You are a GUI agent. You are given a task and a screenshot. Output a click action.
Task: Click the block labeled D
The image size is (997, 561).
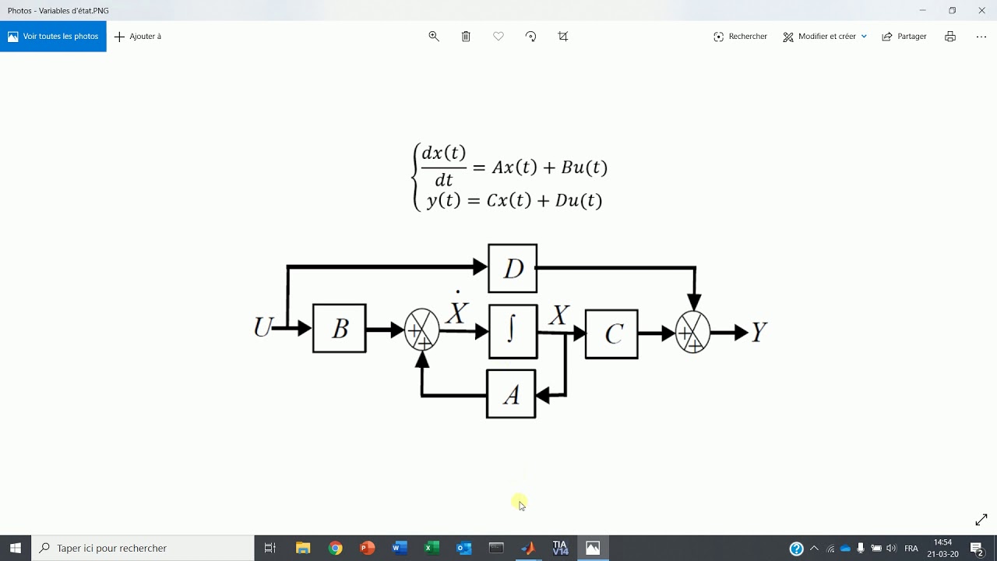(513, 268)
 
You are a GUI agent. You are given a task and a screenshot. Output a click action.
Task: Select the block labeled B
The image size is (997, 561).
(340, 328)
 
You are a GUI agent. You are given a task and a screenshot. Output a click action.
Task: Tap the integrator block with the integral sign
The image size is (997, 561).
(513, 331)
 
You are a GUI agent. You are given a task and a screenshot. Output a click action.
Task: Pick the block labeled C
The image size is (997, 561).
(611, 333)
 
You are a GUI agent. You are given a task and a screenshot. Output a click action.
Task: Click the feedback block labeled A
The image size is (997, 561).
(511, 394)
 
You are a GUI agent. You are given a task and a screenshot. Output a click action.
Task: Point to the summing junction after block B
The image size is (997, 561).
(422, 330)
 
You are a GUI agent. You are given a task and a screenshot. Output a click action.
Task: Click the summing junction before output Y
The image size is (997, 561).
(692, 333)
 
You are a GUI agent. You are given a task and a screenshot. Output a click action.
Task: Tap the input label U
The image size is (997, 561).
(262, 327)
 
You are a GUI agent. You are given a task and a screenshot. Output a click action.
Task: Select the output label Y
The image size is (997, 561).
(759, 333)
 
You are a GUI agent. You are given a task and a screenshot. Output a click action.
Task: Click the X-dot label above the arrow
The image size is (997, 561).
(456, 310)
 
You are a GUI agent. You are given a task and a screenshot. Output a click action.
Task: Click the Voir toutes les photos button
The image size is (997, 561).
(53, 37)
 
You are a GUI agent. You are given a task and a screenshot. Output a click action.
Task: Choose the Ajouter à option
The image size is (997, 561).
(138, 37)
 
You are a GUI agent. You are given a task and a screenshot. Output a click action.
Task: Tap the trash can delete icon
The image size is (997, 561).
(466, 37)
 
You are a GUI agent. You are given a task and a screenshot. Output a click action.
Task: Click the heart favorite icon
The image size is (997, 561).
(498, 37)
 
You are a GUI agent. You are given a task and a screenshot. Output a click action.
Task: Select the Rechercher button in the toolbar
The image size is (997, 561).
(740, 37)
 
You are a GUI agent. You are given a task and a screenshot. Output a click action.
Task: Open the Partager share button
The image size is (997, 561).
(904, 37)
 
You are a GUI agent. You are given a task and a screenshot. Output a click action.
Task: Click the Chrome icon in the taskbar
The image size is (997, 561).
(336, 549)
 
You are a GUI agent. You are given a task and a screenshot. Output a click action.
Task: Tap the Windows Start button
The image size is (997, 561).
(16, 549)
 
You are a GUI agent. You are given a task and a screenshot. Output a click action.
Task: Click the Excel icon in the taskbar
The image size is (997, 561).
(432, 549)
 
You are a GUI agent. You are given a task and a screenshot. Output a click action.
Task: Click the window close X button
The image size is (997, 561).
(981, 10)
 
